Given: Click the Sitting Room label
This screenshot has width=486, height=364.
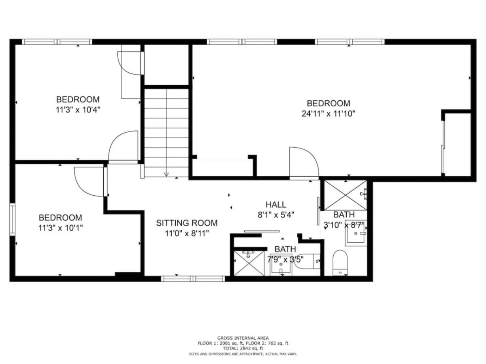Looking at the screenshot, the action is point(187,223).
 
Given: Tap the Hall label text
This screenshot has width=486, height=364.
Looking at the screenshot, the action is point(276,205).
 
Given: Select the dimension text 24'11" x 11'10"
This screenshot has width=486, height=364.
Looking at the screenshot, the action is point(328,114).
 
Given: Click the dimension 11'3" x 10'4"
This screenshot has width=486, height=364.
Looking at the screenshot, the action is point(78,110).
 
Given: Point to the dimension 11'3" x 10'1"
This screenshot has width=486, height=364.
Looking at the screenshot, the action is point(60,228).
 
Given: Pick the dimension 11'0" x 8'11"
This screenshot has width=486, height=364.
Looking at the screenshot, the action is point(187,233).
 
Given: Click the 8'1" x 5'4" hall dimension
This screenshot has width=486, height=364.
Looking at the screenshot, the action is point(276,215).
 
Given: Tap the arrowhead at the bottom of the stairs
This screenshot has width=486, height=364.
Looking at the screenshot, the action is point(166,174).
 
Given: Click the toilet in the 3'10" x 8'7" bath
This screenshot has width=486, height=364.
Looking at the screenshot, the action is point(340,263).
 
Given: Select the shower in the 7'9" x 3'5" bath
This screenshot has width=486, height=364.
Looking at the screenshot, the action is point(249,263).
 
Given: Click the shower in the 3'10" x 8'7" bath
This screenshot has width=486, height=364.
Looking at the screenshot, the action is point(345,195).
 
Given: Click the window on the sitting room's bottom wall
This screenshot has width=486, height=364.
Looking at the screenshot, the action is point(193,279).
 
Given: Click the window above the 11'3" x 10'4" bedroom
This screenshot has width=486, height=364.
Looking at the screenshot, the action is point(57,42).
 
